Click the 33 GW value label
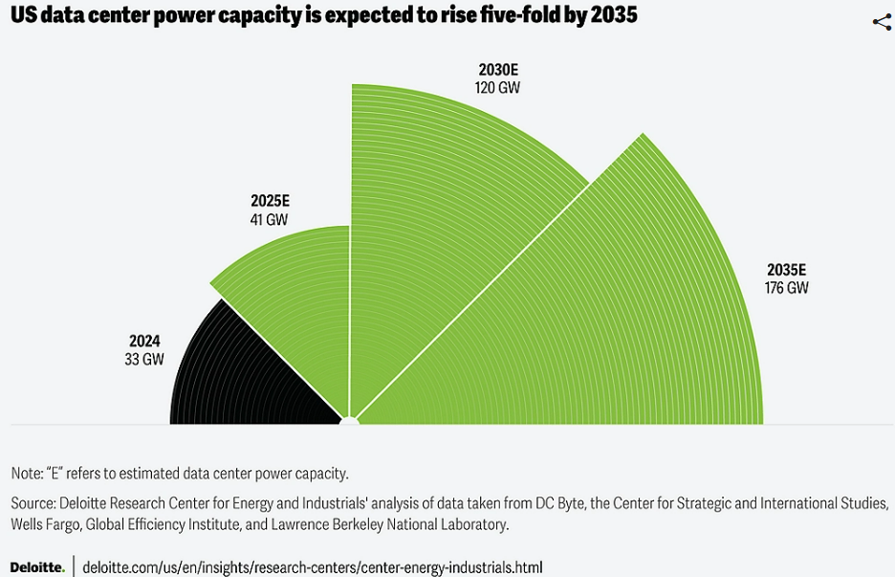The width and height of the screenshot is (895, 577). (x=145, y=359)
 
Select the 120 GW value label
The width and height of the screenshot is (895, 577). (x=497, y=87)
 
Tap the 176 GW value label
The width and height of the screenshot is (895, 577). (x=786, y=287)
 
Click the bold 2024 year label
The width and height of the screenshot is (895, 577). (x=145, y=341)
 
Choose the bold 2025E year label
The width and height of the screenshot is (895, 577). (x=270, y=201)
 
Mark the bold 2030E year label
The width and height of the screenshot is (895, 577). (x=498, y=69)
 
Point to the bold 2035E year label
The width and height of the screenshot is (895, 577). (x=787, y=269)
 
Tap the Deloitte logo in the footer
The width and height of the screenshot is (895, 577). (x=37, y=566)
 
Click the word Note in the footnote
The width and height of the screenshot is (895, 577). (x=26, y=474)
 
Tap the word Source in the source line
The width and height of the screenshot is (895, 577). (x=33, y=503)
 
